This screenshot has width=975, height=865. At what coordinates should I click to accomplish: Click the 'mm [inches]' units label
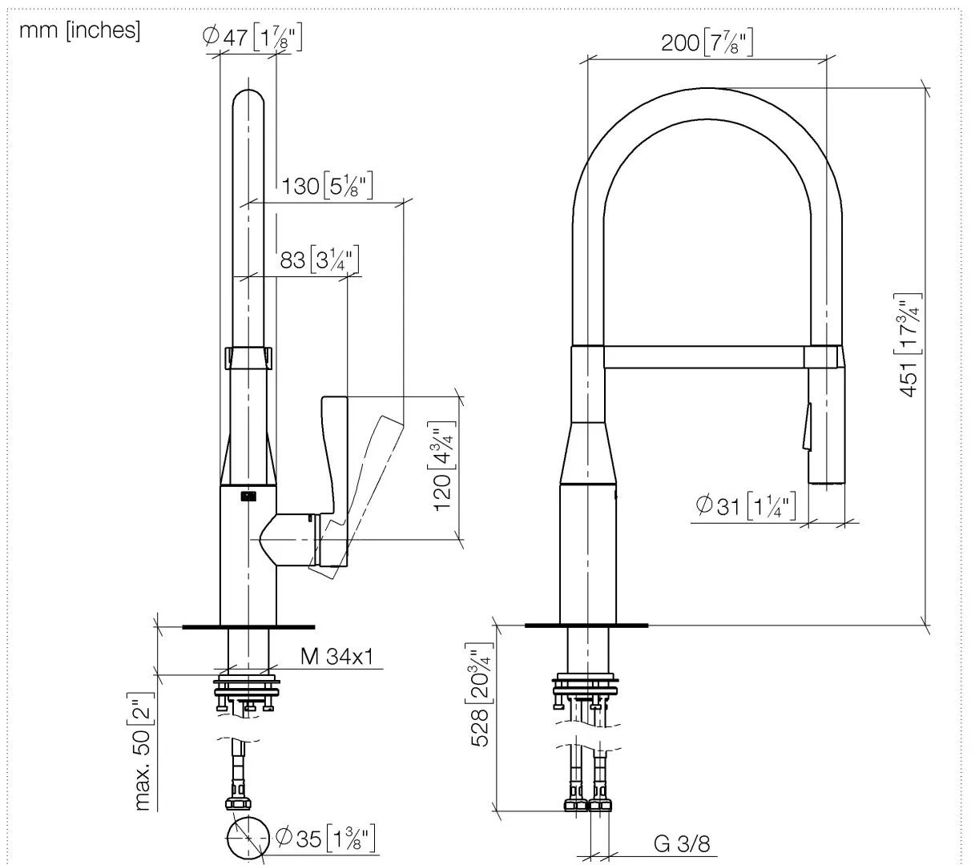click(79, 30)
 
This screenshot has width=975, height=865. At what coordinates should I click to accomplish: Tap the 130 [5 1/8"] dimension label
click(328, 187)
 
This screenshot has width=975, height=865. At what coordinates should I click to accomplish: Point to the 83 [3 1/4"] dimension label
click(319, 260)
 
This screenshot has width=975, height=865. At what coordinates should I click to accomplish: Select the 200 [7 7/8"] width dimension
click(707, 42)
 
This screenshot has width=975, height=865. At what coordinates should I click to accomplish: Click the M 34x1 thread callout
click(336, 657)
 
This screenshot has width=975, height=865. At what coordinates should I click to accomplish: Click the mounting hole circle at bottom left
click(248, 839)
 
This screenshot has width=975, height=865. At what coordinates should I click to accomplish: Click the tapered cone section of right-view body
click(589, 453)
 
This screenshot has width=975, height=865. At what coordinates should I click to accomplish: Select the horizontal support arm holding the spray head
click(703, 357)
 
